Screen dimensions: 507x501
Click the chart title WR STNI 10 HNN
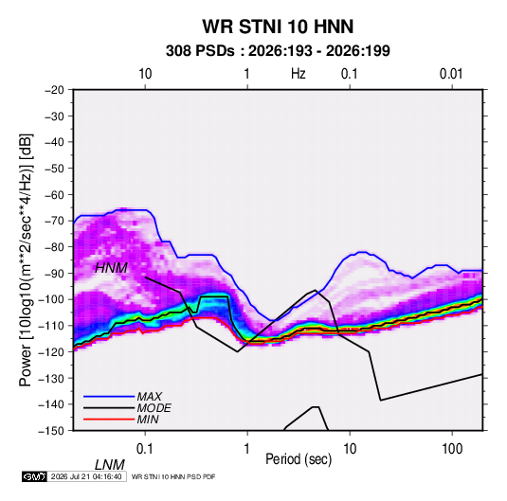278,27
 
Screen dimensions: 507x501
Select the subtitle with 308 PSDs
278,51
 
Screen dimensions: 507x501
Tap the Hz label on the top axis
298,74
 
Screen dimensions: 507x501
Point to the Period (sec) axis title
299,459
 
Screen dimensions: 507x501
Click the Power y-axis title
26,259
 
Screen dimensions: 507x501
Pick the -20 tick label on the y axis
54,90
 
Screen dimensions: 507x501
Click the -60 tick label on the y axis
54,195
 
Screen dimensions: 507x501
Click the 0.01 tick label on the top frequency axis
451,74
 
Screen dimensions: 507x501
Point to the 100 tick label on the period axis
452,449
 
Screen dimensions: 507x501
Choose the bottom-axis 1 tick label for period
247,449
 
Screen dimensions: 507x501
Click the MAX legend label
150,397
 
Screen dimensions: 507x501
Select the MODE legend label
154,408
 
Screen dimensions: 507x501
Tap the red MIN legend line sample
109,420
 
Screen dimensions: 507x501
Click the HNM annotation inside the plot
111,268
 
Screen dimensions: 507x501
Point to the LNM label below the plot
110,465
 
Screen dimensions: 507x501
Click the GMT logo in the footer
34,476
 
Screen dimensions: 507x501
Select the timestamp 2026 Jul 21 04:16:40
86,476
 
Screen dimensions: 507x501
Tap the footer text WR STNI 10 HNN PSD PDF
173,477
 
